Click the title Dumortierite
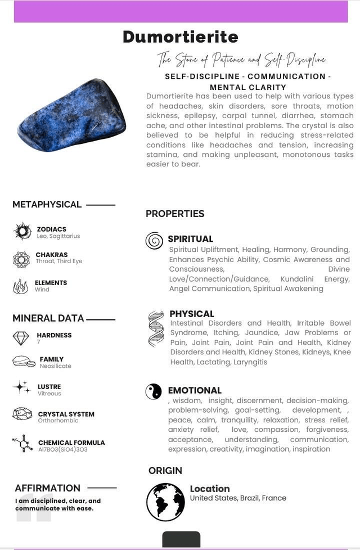coord(180,37)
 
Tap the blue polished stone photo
coord(72,115)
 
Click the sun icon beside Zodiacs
coord(22,231)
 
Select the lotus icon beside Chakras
coord(21,259)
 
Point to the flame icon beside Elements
coord(21,286)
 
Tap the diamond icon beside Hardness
coord(21,338)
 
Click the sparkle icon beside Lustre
coord(22,387)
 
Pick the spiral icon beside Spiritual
coord(154,241)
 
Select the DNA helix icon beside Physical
coord(156,328)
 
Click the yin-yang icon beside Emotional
coord(154,391)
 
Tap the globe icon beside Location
coord(165,502)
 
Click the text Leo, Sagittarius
coord(58,237)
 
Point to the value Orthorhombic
coord(58,421)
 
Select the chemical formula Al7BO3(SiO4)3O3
coord(62,450)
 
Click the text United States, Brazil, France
coord(238,498)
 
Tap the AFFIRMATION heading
coord(47,488)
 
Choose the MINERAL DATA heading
coord(48,318)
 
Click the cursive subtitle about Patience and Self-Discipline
coord(241,59)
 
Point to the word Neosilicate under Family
coord(55,366)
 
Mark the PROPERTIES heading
coord(175,214)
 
